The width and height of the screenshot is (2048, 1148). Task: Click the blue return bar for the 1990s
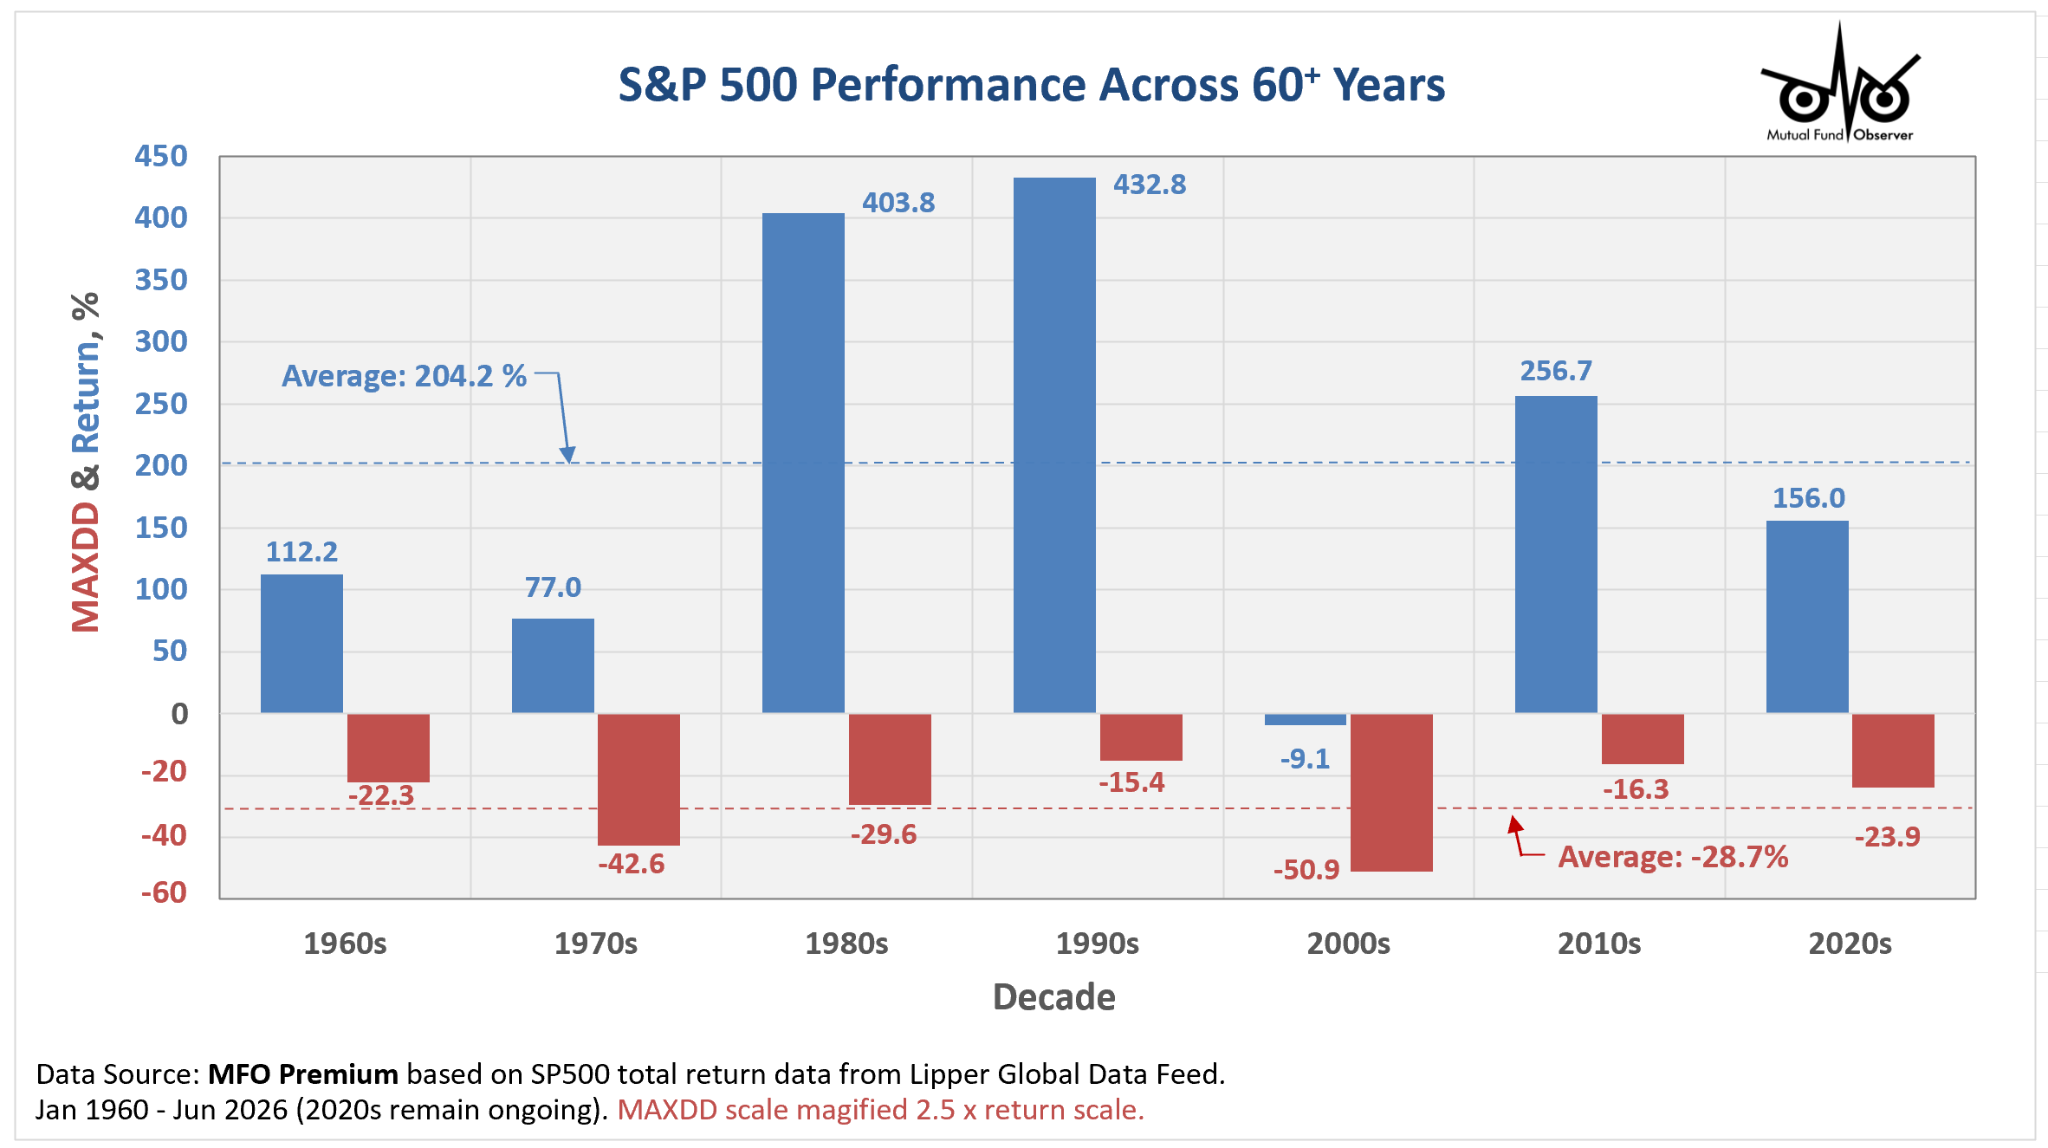click(x=1054, y=445)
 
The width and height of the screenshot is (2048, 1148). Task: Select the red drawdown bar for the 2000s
click(x=1391, y=792)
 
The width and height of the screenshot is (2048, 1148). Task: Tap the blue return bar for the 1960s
click(x=301, y=644)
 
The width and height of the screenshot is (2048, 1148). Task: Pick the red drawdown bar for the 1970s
click(x=638, y=779)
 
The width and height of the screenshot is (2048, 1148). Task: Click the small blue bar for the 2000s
click(x=1306, y=719)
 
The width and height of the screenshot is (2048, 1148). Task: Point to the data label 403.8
click(x=898, y=203)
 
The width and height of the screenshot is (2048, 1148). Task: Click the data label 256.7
click(x=1556, y=371)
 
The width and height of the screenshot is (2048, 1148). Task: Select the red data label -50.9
click(x=1306, y=869)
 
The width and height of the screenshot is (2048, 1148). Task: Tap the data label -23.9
click(x=1887, y=837)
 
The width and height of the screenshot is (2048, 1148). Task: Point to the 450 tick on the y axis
click(x=161, y=156)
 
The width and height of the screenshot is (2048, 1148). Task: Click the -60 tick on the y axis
click(x=164, y=892)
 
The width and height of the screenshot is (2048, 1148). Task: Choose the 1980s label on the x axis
click(x=846, y=943)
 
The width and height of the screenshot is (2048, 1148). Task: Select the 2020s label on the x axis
click(x=1850, y=943)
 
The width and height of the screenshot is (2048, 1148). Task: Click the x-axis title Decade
click(x=1053, y=997)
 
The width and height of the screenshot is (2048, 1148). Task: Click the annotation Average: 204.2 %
click(x=405, y=376)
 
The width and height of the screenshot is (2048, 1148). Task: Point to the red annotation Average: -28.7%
click(x=1673, y=857)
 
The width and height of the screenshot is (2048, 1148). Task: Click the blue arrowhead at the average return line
click(x=567, y=455)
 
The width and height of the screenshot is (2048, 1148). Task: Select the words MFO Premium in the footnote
click(x=303, y=1074)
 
